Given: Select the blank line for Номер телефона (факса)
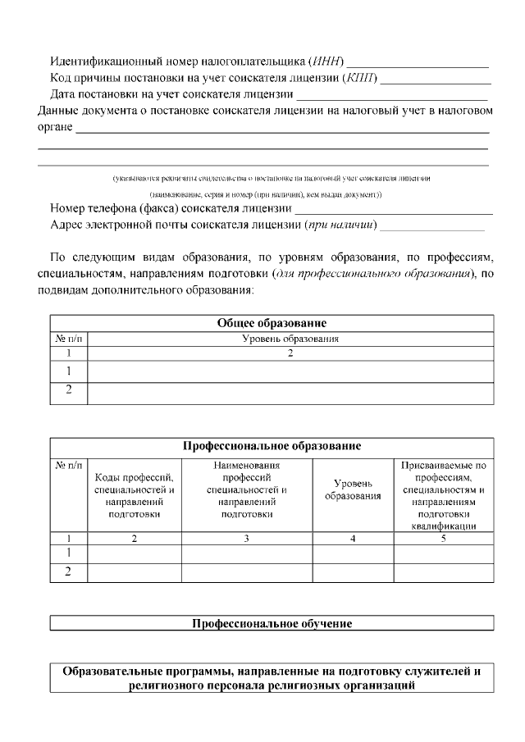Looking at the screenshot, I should point(394,210).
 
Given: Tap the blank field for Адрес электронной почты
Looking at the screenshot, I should point(431,227).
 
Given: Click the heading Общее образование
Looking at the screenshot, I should point(272,323).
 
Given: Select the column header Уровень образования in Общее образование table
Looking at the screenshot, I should point(290,338).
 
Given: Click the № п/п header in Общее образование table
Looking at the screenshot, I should point(69,338).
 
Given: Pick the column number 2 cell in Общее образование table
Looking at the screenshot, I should point(290,353).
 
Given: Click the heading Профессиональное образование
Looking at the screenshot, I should point(272,446).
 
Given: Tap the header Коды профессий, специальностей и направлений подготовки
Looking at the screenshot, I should point(134,495).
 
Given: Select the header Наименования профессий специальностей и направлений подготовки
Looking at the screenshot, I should point(247,489).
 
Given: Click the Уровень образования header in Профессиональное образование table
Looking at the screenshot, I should point(353,489).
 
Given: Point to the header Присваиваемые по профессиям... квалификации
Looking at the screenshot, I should point(444,495).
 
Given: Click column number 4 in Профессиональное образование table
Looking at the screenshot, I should point(353,539).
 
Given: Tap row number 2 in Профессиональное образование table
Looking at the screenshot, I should point(69,572).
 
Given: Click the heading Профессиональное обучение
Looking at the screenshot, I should point(272,624).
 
